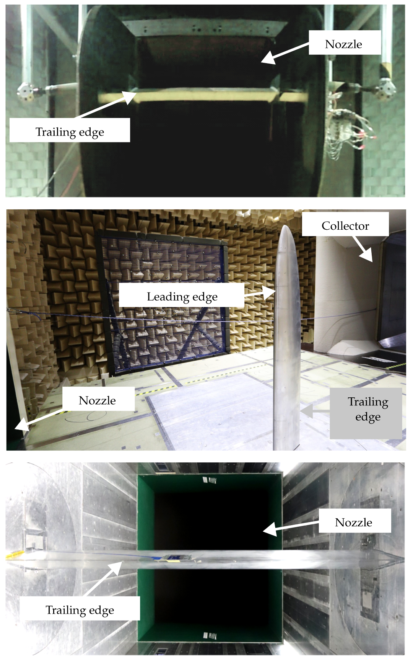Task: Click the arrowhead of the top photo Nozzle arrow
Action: point(268,58)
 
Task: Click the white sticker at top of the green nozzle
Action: point(210,480)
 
